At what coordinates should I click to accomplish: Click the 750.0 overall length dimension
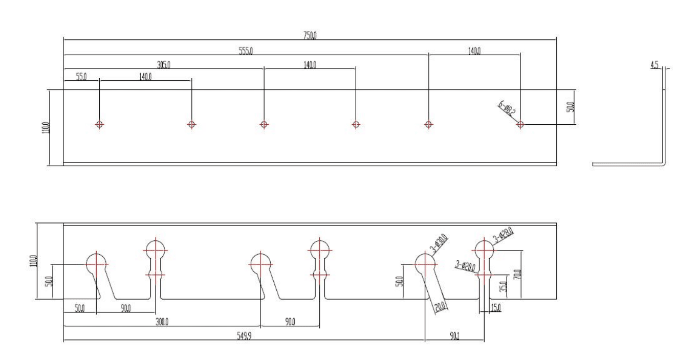coord(310,34)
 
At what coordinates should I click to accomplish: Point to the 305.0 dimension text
coord(163,64)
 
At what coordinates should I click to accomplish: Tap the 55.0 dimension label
coord(81,77)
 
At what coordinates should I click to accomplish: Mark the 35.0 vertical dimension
coord(503,286)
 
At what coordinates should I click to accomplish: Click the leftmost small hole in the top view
coord(99,124)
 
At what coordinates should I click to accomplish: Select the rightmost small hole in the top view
coord(520,124)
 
